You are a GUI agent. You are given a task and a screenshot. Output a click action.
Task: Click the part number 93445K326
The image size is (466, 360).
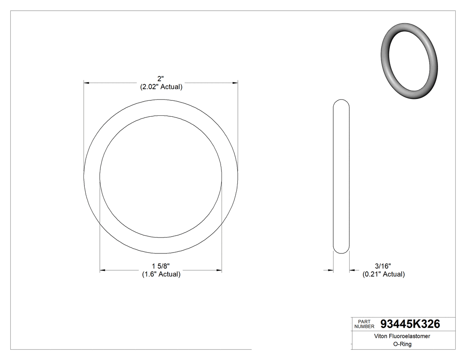[x=410, y=324]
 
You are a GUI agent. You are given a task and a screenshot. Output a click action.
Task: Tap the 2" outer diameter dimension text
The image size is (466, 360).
[x=161, y=79]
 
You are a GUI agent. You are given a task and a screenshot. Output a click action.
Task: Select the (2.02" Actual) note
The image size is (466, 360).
[x=161, y=87]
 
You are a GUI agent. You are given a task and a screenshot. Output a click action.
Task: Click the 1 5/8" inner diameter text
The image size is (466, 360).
[x=161, y=266]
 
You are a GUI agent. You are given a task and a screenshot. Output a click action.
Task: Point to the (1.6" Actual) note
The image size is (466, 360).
[x=161, y=274]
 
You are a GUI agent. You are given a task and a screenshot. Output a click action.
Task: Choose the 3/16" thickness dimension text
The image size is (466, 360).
[x=383, y=266]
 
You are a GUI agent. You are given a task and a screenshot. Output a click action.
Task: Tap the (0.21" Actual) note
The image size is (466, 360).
[x=383, y=274]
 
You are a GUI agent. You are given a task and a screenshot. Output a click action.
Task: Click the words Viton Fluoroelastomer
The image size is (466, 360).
[x=402, y=336]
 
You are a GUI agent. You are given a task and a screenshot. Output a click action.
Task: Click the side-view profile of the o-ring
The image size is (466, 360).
[x=341, y=176]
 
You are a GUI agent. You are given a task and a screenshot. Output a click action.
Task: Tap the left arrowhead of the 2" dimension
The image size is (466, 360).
[x=87, y=83]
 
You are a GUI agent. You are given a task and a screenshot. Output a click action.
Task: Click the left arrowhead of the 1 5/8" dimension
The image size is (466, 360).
[x=103, y=269]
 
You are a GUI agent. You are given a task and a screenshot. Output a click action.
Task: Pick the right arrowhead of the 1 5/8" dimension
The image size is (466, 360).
[x=219, y=269]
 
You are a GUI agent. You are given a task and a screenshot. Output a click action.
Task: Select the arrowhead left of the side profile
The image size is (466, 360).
[x=330, y=269]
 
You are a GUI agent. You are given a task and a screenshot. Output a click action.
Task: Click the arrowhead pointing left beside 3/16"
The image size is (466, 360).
[x=352, y=269]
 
